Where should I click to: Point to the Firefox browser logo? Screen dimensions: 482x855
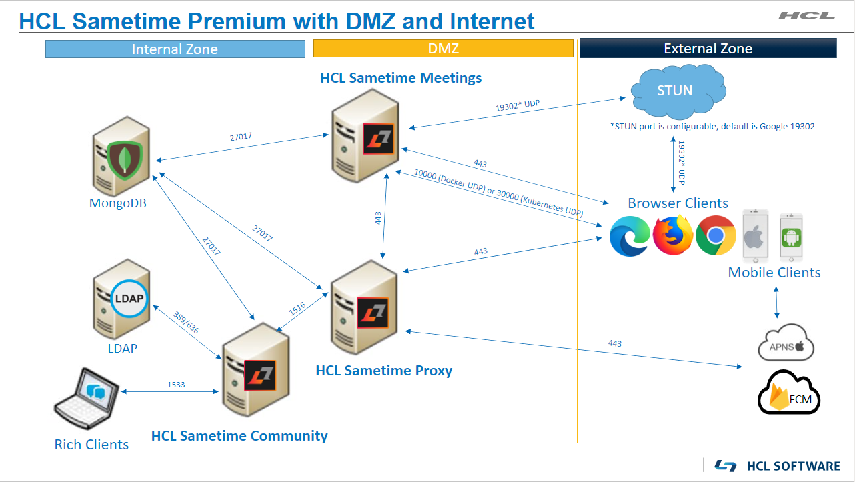pos(673,235)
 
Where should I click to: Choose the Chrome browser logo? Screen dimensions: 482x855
pos(716,236)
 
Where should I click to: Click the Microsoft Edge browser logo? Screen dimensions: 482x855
pos(630,236)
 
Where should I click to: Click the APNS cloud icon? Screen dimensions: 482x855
pos(787,343)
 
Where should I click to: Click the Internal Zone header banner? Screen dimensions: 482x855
pos(175,49)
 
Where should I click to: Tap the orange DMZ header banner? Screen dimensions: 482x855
pos(443,49)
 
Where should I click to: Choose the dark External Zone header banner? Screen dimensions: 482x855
pos(708,49)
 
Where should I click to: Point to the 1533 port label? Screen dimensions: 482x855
pos(176,385)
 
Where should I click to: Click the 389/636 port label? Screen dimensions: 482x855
pos(187,323)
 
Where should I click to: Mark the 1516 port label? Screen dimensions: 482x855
pos(297,308)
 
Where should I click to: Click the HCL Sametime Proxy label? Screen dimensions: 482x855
pos(383,371)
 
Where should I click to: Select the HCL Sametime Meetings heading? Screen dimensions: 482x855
pos(401,78)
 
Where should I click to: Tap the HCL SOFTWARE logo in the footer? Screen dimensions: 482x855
pos(777,465)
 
